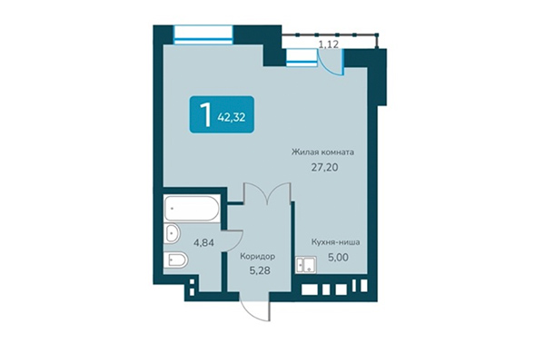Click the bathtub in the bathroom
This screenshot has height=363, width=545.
192,210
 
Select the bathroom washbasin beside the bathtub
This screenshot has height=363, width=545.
173,235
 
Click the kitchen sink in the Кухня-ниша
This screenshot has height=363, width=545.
302,265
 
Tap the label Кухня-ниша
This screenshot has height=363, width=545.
332,242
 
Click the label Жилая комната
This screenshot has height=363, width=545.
322,152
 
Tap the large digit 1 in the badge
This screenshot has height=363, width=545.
206,114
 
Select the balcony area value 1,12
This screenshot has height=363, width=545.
328,42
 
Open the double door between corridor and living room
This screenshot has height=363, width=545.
268,193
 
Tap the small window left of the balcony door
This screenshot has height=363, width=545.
299,57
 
